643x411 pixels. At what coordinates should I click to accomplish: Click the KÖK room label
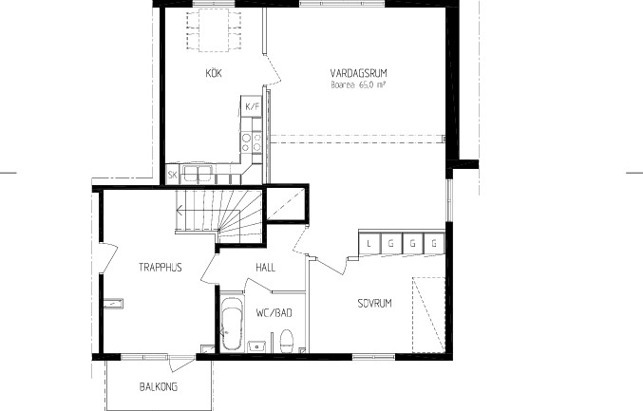point(214,73)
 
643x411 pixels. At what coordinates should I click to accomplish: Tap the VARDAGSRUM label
point(358,73)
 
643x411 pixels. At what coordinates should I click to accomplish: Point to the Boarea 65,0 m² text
point(358,84)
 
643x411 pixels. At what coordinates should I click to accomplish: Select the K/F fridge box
point(252,106)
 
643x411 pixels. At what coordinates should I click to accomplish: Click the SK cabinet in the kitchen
point(172,175)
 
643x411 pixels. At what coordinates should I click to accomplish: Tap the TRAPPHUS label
point(160,267)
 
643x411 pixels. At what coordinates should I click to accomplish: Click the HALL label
point(265,268)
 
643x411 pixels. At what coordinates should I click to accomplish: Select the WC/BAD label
point(274,313)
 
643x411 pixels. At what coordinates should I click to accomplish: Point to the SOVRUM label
point(374,303)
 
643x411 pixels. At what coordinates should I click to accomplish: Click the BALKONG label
point(159,386)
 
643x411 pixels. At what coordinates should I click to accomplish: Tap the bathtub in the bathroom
point(232,323)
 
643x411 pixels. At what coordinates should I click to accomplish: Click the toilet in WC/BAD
point(287,341)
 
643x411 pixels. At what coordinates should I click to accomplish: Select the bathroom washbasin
point(257,346)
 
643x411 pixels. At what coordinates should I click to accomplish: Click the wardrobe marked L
point(369,244)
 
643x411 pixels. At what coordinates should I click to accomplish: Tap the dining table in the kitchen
point(214,30)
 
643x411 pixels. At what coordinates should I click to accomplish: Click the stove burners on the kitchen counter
point(252,141)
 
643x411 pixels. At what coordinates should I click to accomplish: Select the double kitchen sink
point(198,174)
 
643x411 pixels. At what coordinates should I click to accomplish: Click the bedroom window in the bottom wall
point(373,357)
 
